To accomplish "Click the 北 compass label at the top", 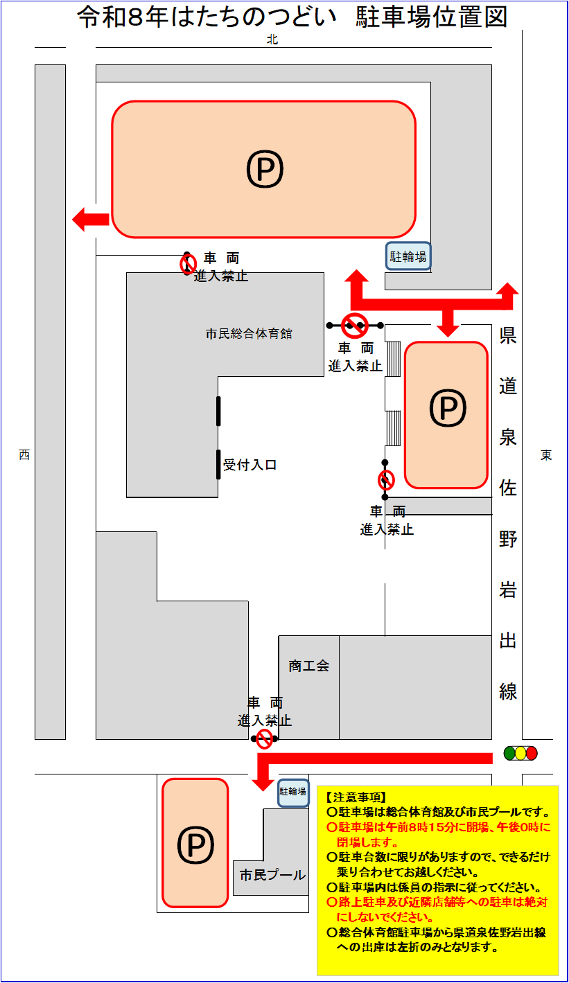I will click(x=272, y=40).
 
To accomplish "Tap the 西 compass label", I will click(x=24, y=455).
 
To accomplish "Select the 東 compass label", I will click(x=547, y=455).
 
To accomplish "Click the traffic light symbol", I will click(x=520, y=753).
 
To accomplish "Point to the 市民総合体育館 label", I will click(x=249, y=334).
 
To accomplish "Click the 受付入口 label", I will click(x=250, y=465).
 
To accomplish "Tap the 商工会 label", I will click(x=309, y=666).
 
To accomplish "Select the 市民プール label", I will click(x=272, y=875).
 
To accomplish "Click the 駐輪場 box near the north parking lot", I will click(x=408, y=257).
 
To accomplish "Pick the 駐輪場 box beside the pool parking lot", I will click(x=293, y=791).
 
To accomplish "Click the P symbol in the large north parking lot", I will click(x=265, y=170).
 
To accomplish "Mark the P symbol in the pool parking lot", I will click(x=195, y=844).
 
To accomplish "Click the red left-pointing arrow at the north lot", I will click(x=90, y=220).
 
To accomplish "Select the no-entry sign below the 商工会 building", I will click(x=265, y=738).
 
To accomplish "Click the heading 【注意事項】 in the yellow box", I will click(x=356, y=797).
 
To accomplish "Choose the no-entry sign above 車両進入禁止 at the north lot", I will click(x=188, y=264).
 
